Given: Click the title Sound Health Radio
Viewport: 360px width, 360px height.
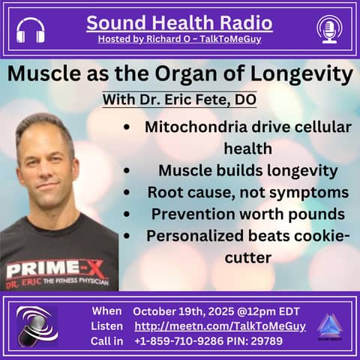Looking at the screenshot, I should coord(179,22).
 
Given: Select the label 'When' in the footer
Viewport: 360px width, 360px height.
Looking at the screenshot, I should coord(106,310).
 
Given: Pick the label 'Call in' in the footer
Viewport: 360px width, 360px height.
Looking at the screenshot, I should coord(107,342).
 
